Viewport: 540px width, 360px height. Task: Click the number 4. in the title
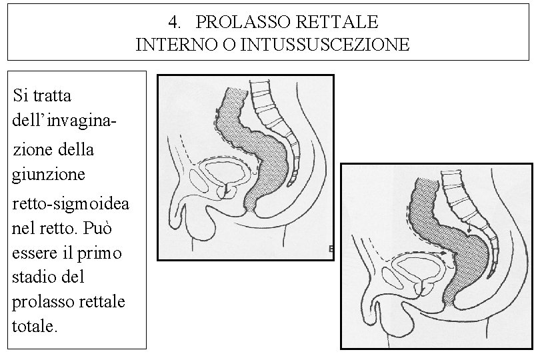(x=174, y=22)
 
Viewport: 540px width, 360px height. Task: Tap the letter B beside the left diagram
(x=331, y=249)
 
